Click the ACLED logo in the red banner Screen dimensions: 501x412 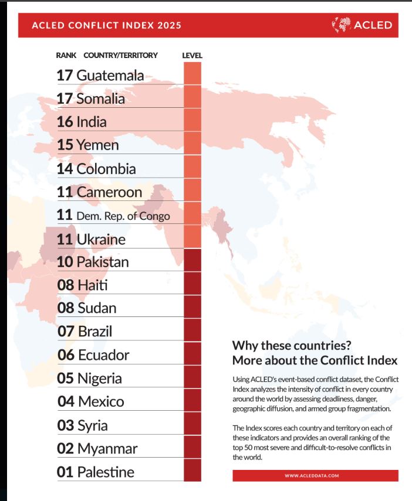362,25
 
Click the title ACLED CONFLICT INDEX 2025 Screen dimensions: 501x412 106,25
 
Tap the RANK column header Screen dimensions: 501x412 66,55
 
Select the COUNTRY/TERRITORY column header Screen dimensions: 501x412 121,55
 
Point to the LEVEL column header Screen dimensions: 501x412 193,55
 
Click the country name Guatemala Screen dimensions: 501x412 110,76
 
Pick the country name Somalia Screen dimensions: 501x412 100,99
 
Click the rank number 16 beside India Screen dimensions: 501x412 65,122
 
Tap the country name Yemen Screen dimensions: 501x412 97,145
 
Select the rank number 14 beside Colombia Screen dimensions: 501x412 65,169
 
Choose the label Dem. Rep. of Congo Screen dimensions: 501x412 123,216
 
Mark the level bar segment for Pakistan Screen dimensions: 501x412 193,261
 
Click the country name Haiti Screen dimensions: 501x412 92,285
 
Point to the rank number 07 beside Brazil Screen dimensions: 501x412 66,331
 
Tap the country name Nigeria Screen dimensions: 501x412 100,378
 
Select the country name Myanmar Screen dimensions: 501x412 107,448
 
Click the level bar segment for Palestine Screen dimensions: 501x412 193,471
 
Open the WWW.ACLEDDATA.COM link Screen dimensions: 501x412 315,476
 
